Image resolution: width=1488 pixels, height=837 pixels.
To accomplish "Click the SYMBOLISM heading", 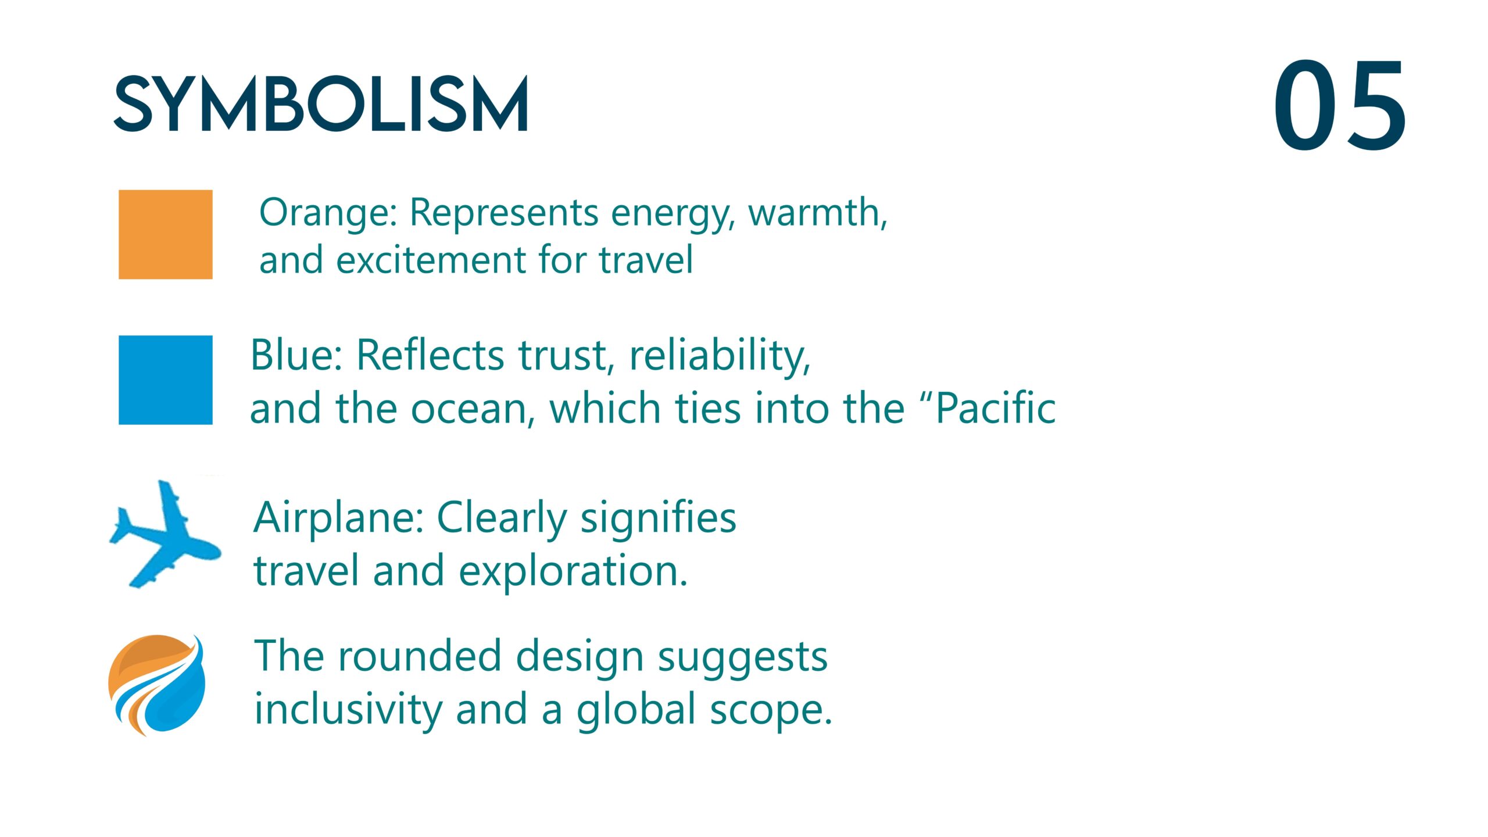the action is point(321,105).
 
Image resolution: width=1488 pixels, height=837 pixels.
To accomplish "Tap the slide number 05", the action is point(1340,105).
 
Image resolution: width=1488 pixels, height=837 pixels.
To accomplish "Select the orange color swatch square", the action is point(166,234).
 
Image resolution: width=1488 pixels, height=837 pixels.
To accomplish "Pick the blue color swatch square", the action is point(166,380).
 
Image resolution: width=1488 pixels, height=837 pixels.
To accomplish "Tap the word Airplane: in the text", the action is point(339,518).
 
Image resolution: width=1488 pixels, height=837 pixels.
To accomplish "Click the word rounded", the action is point(420,656).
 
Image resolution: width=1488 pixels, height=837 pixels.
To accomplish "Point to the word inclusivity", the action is point(348,710).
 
